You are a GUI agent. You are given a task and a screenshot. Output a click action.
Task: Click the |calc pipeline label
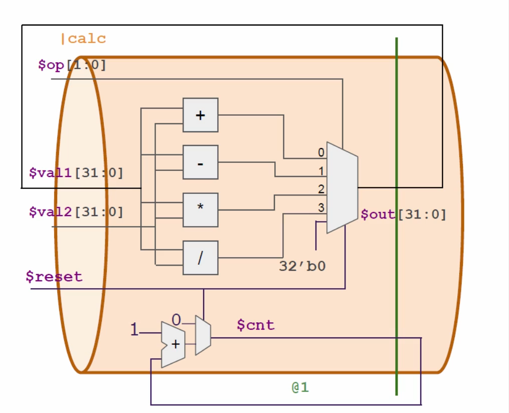point(83,39)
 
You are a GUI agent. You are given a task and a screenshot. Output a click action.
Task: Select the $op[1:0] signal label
point(72,65)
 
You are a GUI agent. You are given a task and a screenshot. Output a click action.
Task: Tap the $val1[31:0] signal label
point(76,173)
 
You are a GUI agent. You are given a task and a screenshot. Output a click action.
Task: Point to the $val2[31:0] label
point(76,212)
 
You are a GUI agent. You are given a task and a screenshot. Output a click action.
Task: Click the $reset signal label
point(54,276)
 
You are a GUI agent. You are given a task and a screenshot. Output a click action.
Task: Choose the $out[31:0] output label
point(403,215)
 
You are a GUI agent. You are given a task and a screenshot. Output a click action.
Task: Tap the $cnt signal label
point(256,325)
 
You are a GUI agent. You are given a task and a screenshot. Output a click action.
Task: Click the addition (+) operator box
point(200,115)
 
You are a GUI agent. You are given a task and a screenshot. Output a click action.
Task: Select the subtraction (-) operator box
point(200,162)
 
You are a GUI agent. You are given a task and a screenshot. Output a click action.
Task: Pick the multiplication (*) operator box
point(200,210)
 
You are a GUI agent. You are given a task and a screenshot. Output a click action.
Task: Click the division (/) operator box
point(200,258)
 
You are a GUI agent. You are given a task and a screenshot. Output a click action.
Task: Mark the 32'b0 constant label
point(302,266)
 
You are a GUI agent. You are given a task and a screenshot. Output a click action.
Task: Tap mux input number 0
point(321,152)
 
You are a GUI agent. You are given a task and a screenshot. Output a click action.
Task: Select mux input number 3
point(321,207)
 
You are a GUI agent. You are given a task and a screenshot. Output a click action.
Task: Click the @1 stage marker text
point(300,387)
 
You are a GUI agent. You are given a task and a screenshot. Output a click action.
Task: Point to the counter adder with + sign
point(173,344)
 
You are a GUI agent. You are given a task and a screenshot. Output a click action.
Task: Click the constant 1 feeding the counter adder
point(134,330)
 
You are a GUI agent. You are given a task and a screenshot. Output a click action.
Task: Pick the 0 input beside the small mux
point(176,319)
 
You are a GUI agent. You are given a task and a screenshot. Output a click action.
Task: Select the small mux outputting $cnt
point(203,335)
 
